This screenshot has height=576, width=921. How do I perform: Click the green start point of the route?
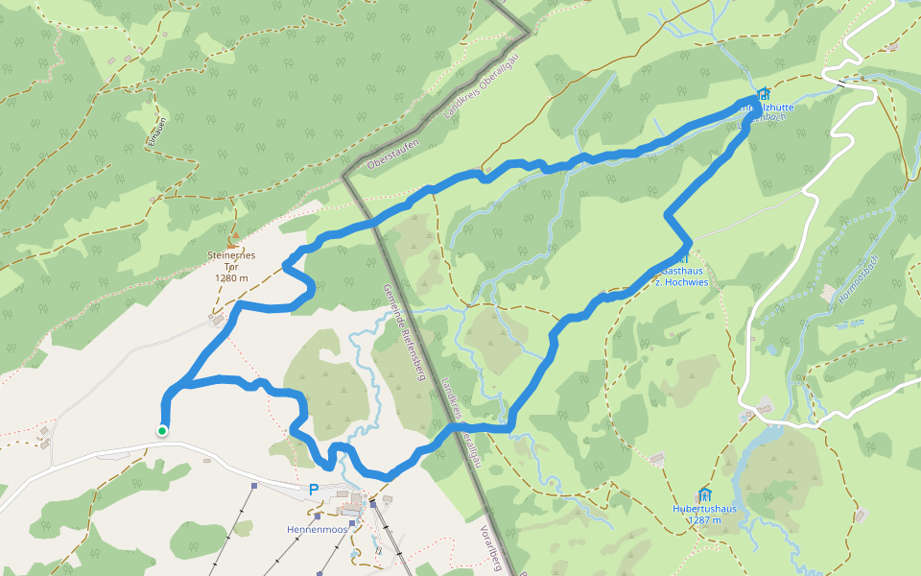[162, 431]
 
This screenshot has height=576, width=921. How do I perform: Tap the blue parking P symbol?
[313, 489]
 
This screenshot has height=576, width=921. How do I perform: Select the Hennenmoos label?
[317, 530]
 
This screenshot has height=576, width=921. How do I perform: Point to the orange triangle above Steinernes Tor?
[233, 233]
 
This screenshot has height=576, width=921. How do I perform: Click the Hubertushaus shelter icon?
[705, 494]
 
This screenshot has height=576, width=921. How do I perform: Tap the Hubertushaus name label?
[704, 509]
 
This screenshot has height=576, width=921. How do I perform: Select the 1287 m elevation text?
[704, 520]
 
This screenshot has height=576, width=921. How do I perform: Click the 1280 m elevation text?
[232, 278]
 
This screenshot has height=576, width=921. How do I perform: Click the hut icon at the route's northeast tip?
[763, 94]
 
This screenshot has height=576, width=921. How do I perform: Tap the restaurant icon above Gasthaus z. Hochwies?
[683, 256]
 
